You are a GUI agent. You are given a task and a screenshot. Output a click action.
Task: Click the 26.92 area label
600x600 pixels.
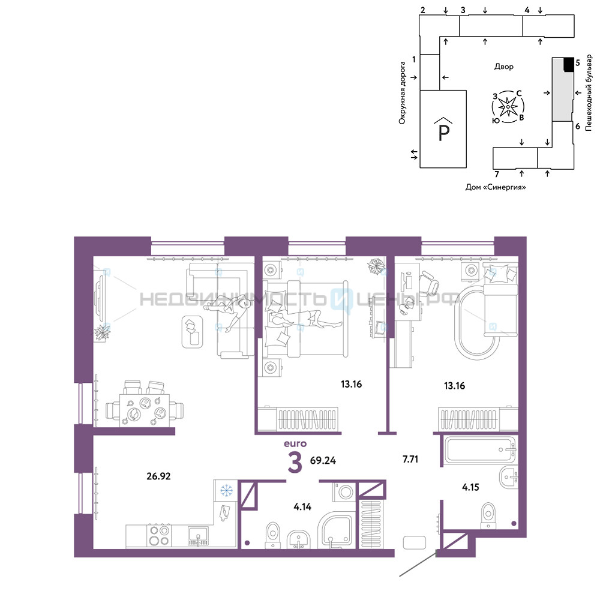158,476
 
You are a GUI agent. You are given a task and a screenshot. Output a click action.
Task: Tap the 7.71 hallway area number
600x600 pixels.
410,459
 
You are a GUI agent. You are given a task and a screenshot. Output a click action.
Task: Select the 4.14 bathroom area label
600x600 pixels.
302,506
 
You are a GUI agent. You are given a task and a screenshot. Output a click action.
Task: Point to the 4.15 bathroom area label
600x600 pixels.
470,487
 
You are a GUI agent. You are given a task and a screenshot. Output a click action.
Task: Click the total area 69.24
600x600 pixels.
323,460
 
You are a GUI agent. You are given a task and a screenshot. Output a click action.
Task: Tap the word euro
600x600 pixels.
295,443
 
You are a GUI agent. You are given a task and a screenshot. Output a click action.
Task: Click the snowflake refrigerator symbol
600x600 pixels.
226,490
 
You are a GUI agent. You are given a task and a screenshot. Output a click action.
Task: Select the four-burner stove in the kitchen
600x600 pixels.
159,535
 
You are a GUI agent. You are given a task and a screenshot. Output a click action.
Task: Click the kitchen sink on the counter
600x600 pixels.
198,536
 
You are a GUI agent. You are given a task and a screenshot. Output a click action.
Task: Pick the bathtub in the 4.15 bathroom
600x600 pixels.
480,450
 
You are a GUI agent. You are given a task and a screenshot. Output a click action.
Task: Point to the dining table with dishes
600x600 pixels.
145,410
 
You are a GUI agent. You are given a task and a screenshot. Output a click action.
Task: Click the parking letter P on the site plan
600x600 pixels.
443,133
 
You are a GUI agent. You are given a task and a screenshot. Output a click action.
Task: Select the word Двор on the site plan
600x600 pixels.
503,67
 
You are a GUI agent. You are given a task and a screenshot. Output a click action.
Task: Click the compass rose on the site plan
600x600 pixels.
508,107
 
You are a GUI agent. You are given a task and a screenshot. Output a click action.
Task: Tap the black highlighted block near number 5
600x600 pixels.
569,64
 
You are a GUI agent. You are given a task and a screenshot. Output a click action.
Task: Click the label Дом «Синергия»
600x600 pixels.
496,187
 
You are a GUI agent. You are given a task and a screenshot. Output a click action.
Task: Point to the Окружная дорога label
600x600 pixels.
402,93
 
